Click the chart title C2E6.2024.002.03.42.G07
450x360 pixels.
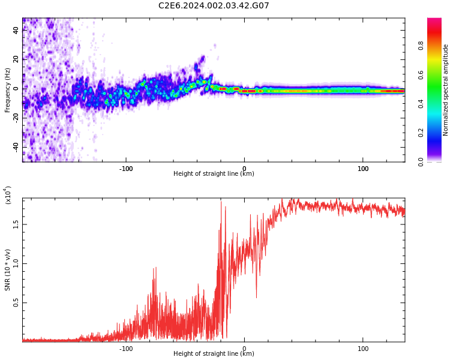point(214,6)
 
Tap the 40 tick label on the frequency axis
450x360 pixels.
point(16,30)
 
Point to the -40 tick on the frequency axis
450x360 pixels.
point(16,147)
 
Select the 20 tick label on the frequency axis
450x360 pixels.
point(16,59)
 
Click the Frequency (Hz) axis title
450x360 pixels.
point(8,90)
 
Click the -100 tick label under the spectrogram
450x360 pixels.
point(125,169)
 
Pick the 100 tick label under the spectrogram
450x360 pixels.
point(363,169)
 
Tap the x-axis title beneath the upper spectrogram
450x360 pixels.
point(214,174)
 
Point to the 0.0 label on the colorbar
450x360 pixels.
point(437,161)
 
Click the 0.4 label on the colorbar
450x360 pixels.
point(437,104)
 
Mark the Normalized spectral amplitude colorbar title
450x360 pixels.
point(446,90)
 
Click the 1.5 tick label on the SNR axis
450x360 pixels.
point(16,224)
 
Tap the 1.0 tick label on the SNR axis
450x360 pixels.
point(16,263)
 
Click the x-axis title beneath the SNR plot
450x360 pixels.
point(214,354)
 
